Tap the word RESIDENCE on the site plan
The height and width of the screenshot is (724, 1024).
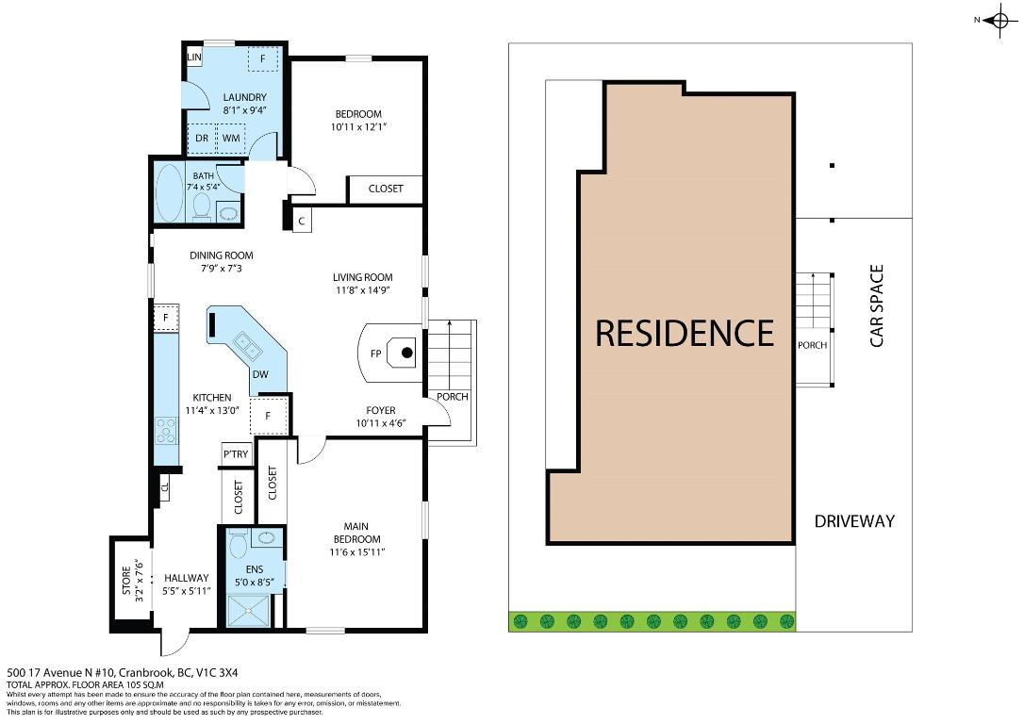pyautogui.click(x=685, y=333)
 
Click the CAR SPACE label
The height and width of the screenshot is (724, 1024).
pyautogui.click(x=877, y=305)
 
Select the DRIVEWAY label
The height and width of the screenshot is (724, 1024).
pyautogui.click(x=854, y=520)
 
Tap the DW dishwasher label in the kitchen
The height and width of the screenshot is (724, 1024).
pyautogui.click(x=260, y=374)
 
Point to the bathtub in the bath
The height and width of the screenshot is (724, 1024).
pyautogui.click(x=171, y=193)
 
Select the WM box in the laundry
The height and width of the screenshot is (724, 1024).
pyautogui.click(x=231, y=139)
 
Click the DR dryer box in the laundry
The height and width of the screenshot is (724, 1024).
pyautogui.click(x=202, y=139)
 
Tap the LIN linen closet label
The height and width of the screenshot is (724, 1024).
pyautogui.click(x=195, y=58)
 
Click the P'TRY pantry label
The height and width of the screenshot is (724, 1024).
pyautogui.click(x=236, y=454)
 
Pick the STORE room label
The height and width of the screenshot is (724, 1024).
pyautogui.click(x=126, y=582)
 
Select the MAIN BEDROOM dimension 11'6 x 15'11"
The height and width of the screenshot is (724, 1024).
pyautogui.click(x=355, y=552)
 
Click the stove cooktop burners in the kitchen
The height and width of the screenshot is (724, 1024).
pyautogui.click(x=166, y=431)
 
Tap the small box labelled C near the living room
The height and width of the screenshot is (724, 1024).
pyautogui.click(x=302, y=221)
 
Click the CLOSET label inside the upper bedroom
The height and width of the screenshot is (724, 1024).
pyautogui.click(x=385, y=189)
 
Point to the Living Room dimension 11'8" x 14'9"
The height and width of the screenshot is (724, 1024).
pyautogui.click(x=362, y=290)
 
